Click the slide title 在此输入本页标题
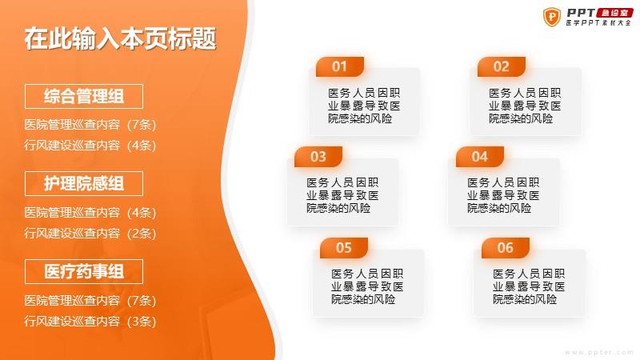121,38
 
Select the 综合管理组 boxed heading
84,96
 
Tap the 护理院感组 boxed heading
84,184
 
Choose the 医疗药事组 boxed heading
84,271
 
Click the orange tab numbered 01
339,66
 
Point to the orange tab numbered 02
502,66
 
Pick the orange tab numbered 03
318,157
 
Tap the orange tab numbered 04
479,157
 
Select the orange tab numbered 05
344,248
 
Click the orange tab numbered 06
506,248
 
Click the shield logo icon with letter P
552,17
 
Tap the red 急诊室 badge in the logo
614,13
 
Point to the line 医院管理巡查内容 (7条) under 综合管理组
90,125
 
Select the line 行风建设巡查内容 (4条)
90,146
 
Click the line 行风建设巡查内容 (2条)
90,233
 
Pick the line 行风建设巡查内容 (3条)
90,322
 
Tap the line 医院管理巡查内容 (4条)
90,212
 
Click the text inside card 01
364,106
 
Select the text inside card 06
529,286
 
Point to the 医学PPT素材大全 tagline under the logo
598,23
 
